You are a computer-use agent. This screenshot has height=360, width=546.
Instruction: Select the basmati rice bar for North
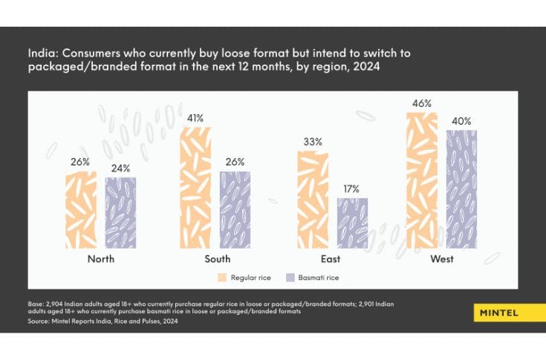pyautogui.click(x=120, y=213)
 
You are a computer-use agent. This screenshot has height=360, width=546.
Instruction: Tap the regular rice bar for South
pyautogui.click(x=195, y=187)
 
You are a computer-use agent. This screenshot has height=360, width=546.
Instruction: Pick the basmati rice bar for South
pyautogui.click(x=235, y=210)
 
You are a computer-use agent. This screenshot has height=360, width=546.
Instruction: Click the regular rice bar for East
pyautogui.click(x=313, y=200)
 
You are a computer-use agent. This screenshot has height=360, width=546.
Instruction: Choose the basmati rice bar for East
pyautogui.click(x=352, y=223)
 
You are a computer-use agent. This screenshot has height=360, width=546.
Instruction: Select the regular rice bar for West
pyautogui.click(x=422, y=180)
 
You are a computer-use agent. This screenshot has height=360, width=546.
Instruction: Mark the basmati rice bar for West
pyautogui.click(x=461, y=189)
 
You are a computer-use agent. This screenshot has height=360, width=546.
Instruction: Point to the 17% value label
pyautogui.click(x=352, y=189)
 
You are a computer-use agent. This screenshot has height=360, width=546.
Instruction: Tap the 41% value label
pyautogui.click(x=195, y=117)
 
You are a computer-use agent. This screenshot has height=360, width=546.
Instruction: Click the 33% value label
pyautogui.click(x=313, y=142)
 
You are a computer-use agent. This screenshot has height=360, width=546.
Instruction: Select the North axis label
pyautogui.click(x=100, y=259)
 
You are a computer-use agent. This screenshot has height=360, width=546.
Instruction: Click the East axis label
pyautogui.click(x=331, y=259)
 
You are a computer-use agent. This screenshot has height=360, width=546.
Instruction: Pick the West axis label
pyautogui.click(x=441, y=259)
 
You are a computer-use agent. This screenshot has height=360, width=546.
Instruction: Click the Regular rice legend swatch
pyautogui.click(x=221, y=278)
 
